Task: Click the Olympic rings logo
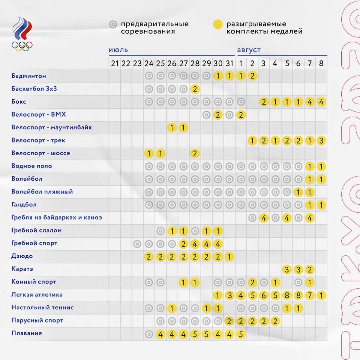coord(22,46)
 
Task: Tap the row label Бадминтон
coord(28,76)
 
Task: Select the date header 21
coord(115,64)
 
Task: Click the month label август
coord(249,50)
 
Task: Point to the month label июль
coord(118,50)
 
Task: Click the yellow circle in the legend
coord(218,24)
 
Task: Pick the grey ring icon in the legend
coord(113,24)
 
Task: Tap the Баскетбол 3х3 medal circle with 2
coord(195,89)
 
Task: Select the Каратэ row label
coord(22,269)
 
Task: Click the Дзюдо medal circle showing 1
coord(229,256)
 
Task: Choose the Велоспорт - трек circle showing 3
coord(321,141)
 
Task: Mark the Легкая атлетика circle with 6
coord(264,295)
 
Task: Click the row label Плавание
coord(27,333)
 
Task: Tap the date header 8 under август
coord(321,64)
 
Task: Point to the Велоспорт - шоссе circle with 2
coord(195,154)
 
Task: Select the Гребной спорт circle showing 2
coord(183,244)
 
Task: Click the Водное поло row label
coord(31,166)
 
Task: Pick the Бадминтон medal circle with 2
coord(252,76)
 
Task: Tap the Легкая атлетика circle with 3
coord(229,295)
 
